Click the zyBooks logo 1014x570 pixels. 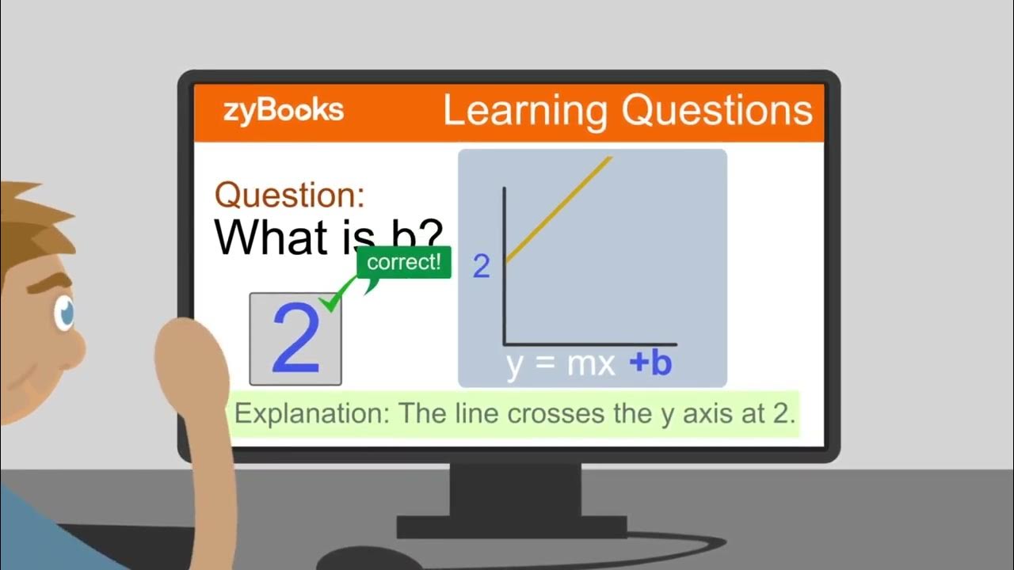[x=284, y=110]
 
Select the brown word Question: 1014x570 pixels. [x=290, y=195]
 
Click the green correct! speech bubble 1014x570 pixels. [x=404, y=262]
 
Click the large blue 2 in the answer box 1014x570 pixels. [x=295, y=340]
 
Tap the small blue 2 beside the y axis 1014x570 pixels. [x=481, y=268]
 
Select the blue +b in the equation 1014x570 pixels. [x=650, y=363]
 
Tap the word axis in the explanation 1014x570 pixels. [x=715, y=413]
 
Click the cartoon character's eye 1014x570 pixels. [x=64, y=313]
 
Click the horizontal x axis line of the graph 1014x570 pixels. [x=590, y=344]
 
